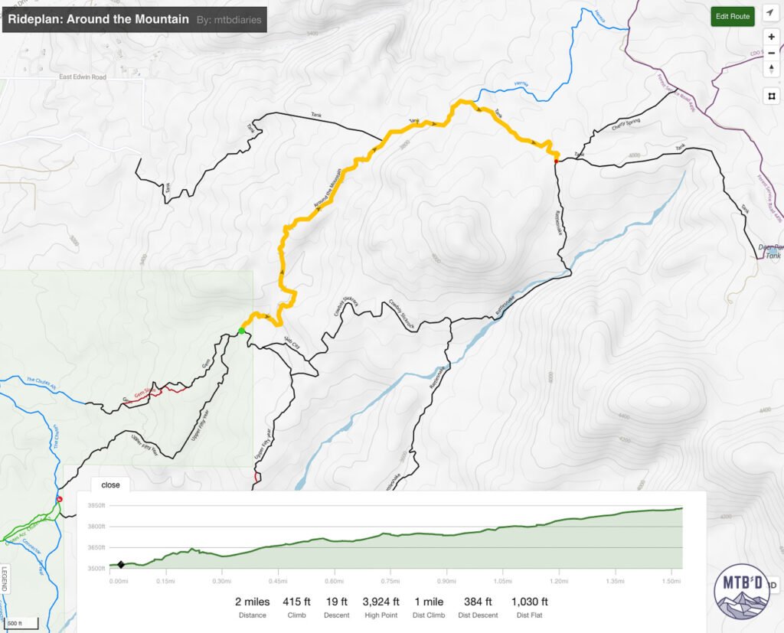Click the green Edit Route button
733,16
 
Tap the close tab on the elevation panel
110,485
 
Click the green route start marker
241,331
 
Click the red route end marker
556,161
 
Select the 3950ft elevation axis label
96,506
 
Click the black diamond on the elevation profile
121,565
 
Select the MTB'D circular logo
741,590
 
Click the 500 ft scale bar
19,621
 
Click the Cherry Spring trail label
625,126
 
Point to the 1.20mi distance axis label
568,581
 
